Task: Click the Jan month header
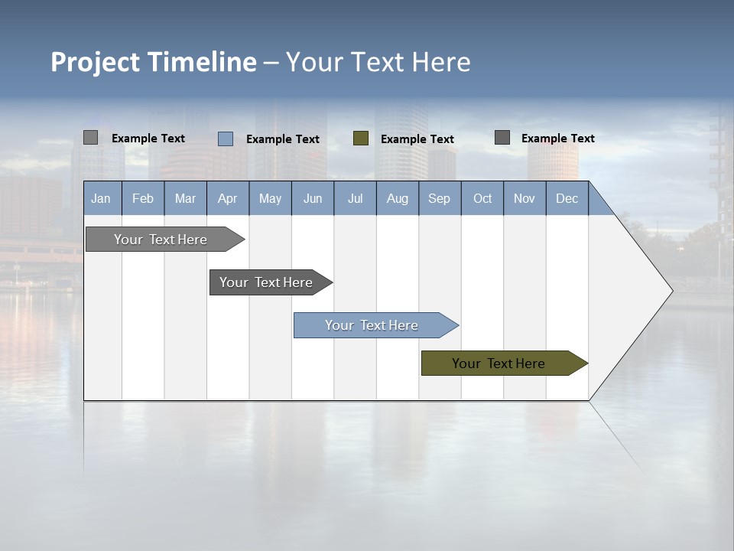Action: click(101, 198)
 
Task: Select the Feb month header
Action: click(143, 198)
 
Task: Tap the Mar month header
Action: click(185, 198)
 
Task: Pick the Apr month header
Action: click(227, 198)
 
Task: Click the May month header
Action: click(270, 198)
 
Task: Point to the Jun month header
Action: click(313, 198)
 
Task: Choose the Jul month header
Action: click(355, 198)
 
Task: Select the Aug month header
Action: click(398, 198)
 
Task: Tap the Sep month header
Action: click(440, 198)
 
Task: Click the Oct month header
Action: click(482, 198)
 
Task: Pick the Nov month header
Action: click(525, 198)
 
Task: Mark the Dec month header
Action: click(567, 198)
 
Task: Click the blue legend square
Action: click(226, 139)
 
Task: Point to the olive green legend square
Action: click(361, 139)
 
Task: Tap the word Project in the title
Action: click(95, 62)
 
